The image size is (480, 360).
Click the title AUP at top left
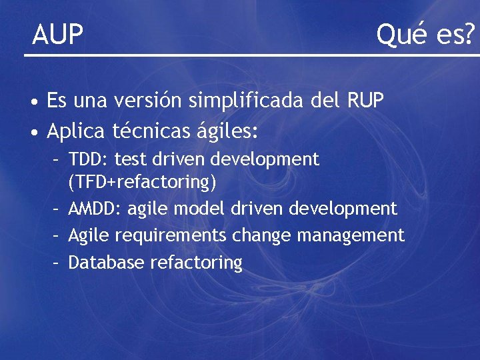[58, 35]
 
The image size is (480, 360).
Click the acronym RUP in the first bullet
[365, 101]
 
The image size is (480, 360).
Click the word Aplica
[75, 131]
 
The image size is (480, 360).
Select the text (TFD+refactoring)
[143, 181]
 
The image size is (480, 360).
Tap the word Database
[107, 263]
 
